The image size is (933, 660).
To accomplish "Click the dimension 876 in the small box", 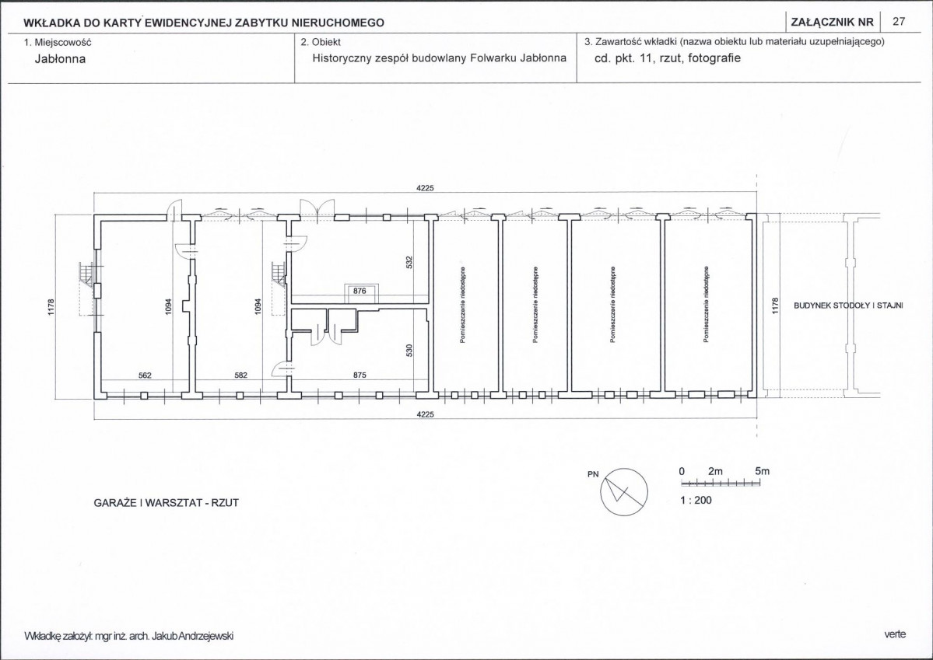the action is point(360,291).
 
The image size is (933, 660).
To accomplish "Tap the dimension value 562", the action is point(145,375).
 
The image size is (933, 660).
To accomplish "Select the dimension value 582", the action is point(240,375).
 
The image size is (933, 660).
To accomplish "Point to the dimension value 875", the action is point(360,375).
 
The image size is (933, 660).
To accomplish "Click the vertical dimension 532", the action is point(409,262).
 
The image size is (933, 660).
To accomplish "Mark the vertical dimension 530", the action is point(409,351).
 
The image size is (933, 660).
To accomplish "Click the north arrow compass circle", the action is point(624,492).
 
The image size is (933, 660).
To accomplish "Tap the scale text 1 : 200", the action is point(696,500).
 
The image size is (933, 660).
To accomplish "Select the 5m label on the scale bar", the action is point(762,471).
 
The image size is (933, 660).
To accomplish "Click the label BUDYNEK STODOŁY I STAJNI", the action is point(848,306).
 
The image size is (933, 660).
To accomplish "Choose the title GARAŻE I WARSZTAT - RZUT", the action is point(166,502).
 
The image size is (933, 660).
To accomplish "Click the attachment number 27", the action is point(899,22).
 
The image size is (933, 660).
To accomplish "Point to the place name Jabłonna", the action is point(60,59).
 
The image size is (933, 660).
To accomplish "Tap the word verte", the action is point(895,634).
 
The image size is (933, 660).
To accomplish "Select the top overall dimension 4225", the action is point(425,188).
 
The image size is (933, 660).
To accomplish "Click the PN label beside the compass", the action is point(593,474).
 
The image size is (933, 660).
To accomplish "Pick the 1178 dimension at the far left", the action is point(51,307).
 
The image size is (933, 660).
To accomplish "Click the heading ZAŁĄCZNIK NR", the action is point(833,23).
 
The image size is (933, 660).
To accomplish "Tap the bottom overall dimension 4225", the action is point(425,414).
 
